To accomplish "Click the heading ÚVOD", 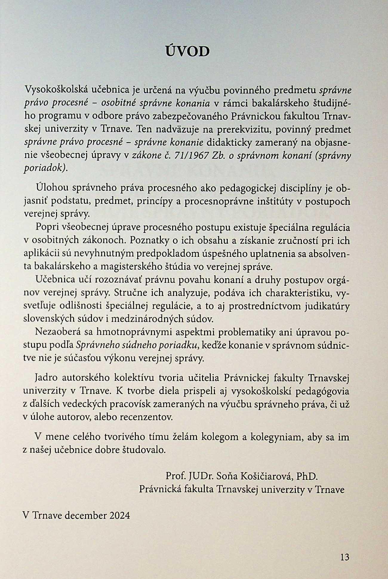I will coord(187,51).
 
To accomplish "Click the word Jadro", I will coord(45,378).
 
